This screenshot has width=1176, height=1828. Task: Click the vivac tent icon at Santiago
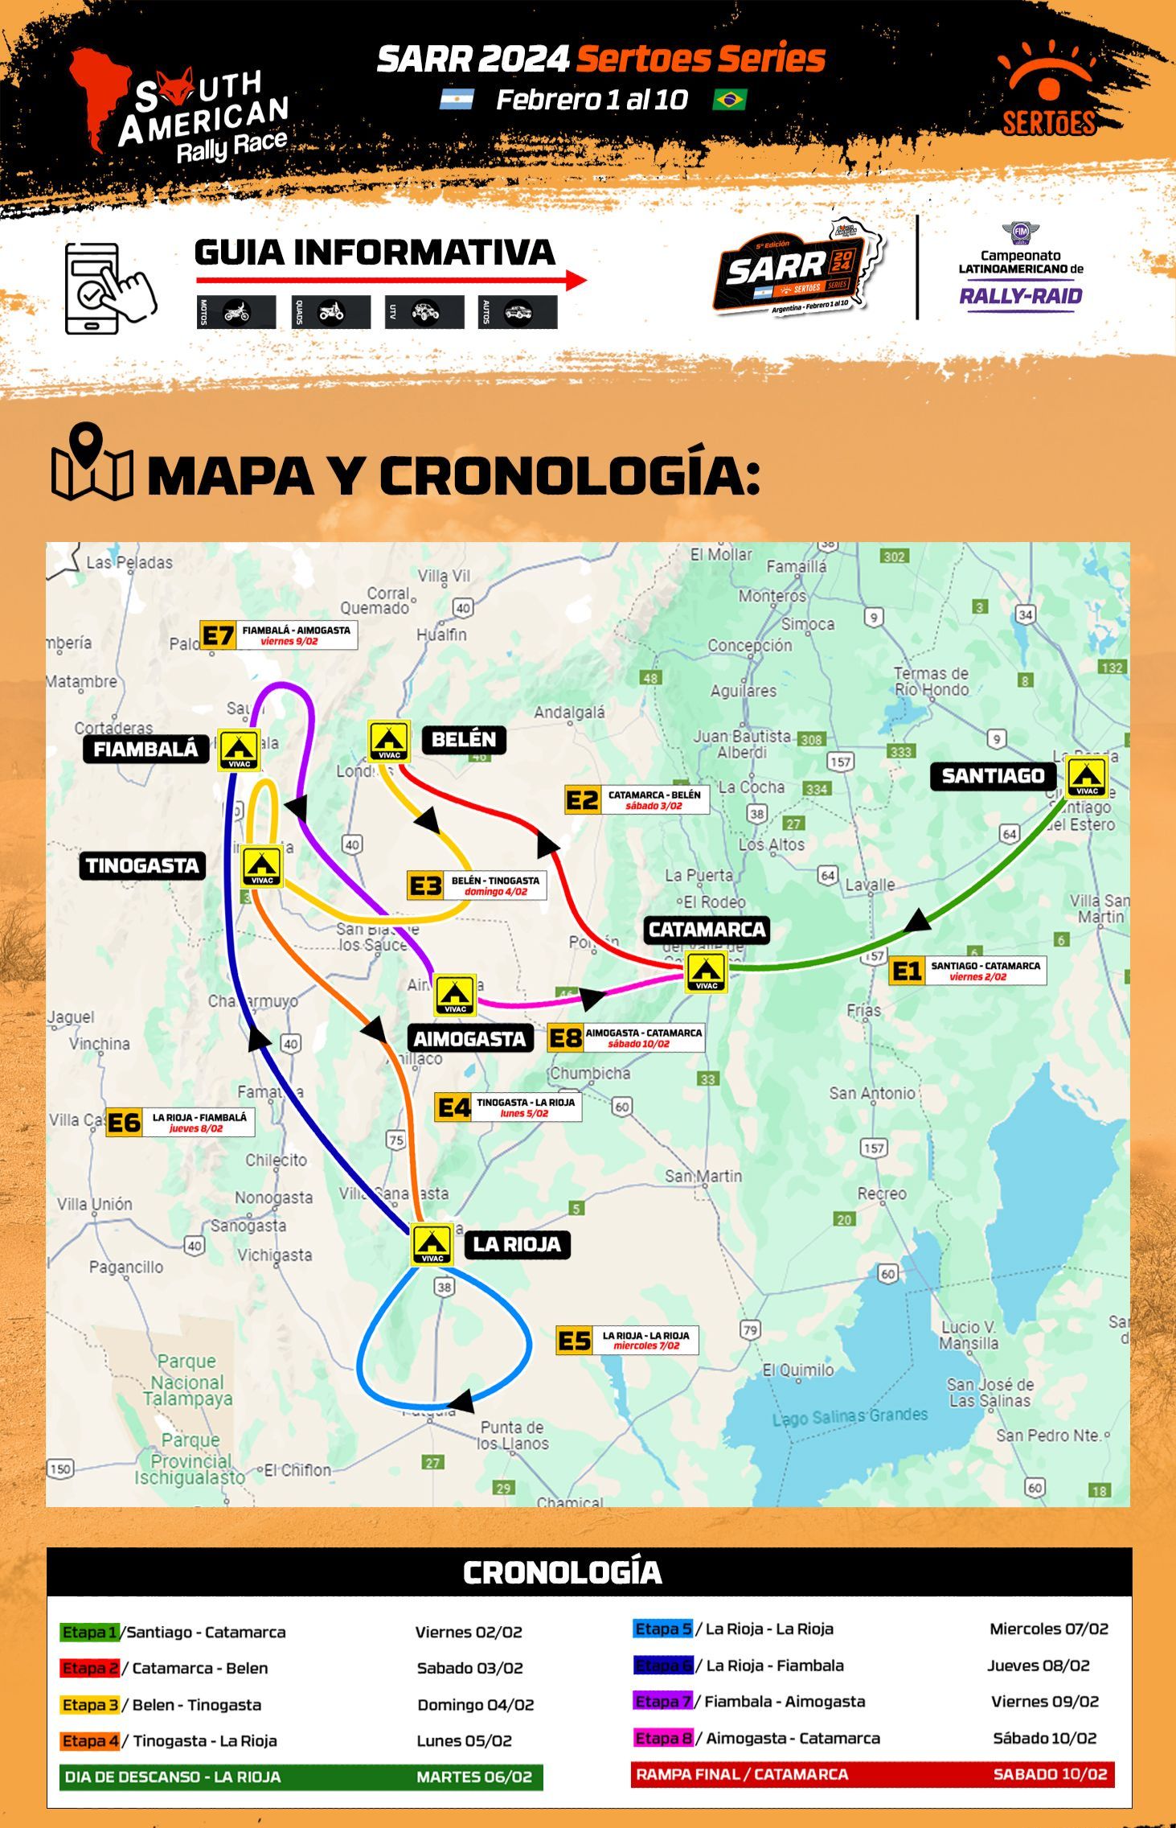click(1087, 777)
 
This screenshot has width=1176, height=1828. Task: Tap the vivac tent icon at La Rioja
click(432, 1244)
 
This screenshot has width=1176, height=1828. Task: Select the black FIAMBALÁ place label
click(145, 750)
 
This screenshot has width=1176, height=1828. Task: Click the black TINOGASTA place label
click(142, 866)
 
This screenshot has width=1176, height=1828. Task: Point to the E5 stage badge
click(575, 1341)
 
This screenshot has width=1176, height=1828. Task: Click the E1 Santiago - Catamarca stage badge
click(907, 972)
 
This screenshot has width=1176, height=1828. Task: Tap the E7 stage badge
click(217, 636)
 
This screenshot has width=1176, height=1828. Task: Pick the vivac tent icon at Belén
click(389, 741)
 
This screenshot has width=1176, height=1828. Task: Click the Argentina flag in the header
click(457, 100)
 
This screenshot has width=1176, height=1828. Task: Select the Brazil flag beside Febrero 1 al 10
click(729, 100)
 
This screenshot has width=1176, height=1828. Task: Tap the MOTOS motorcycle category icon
click(236, 312)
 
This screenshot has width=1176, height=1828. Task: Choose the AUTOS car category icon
click(518, 312)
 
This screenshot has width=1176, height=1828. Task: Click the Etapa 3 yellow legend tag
click(89, 1705)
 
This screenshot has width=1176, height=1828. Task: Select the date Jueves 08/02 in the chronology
click(1038, 1666)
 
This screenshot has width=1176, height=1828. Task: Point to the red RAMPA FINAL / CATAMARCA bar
click(872, 1774)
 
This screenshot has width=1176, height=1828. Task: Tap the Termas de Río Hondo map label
click(931, 681)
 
